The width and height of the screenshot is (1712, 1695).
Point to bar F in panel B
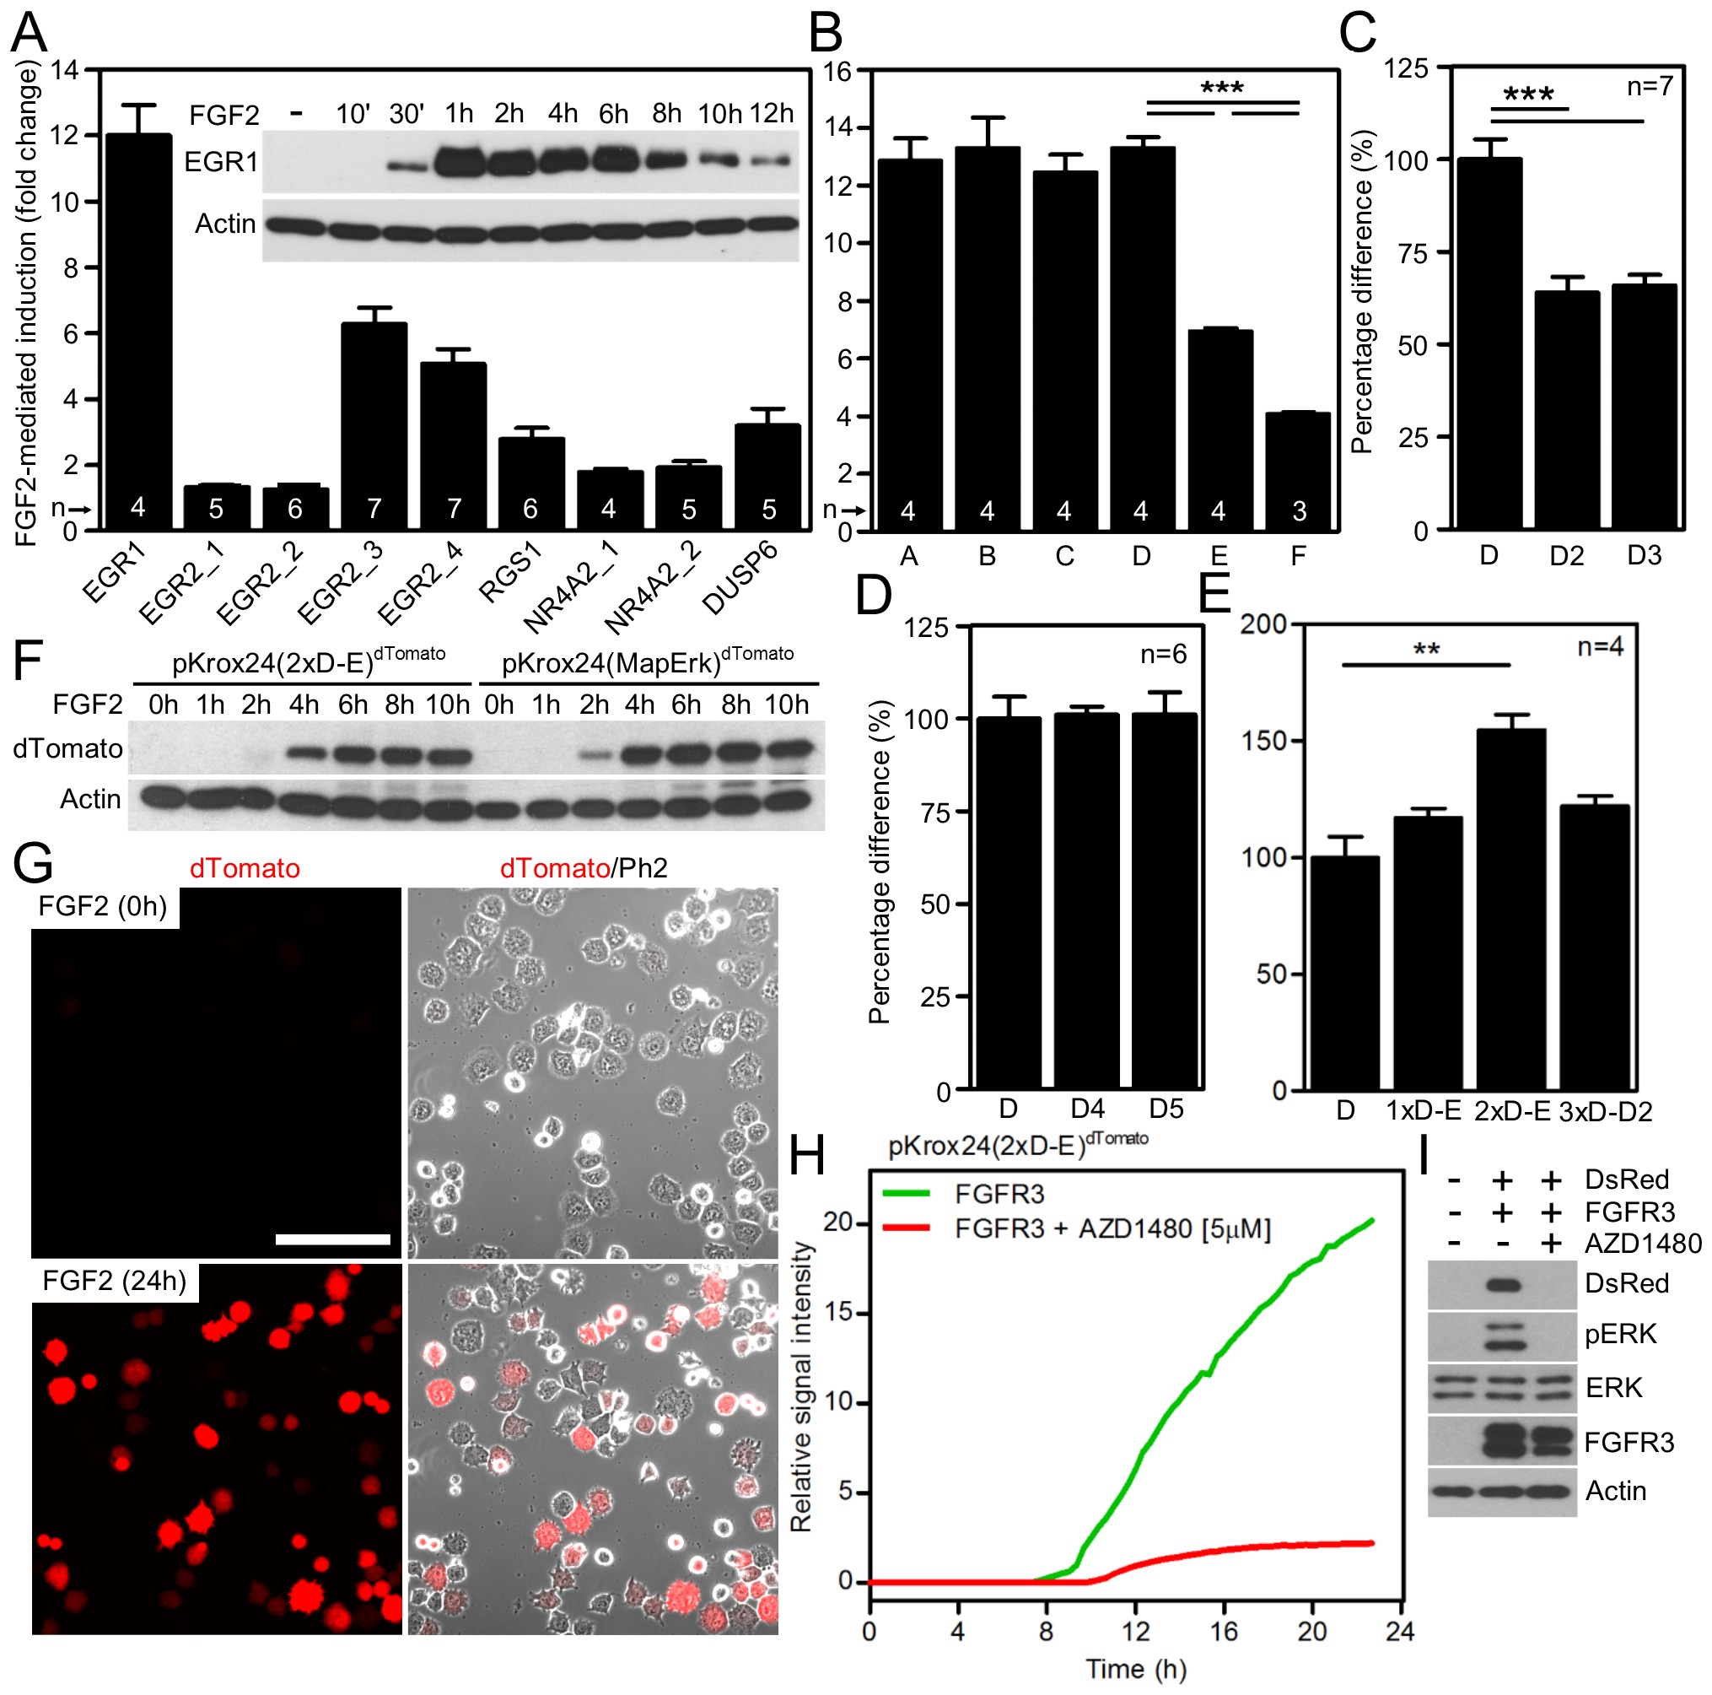click(x=1297, y=471)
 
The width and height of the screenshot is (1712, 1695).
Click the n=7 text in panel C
click(x=1649, y=86)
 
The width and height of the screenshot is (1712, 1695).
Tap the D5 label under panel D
click(x=1166, y=1109)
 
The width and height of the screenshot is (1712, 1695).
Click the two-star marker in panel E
click(x=1426, y=650)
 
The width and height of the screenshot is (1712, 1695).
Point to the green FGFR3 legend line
click(x=907, y=1194)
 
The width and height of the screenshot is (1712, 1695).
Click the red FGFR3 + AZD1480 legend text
click(x=1112, y=1228)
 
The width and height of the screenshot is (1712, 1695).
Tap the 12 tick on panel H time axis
click(x=1135, y=1631)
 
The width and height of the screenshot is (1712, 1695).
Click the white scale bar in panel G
click(x=332, y=1239)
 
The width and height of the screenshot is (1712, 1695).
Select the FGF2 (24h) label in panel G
click(x=115, y=1281)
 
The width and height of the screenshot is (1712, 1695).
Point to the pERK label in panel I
click(x=1620, y=1334)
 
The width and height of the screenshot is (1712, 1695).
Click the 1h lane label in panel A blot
click(x=459, y=113)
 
